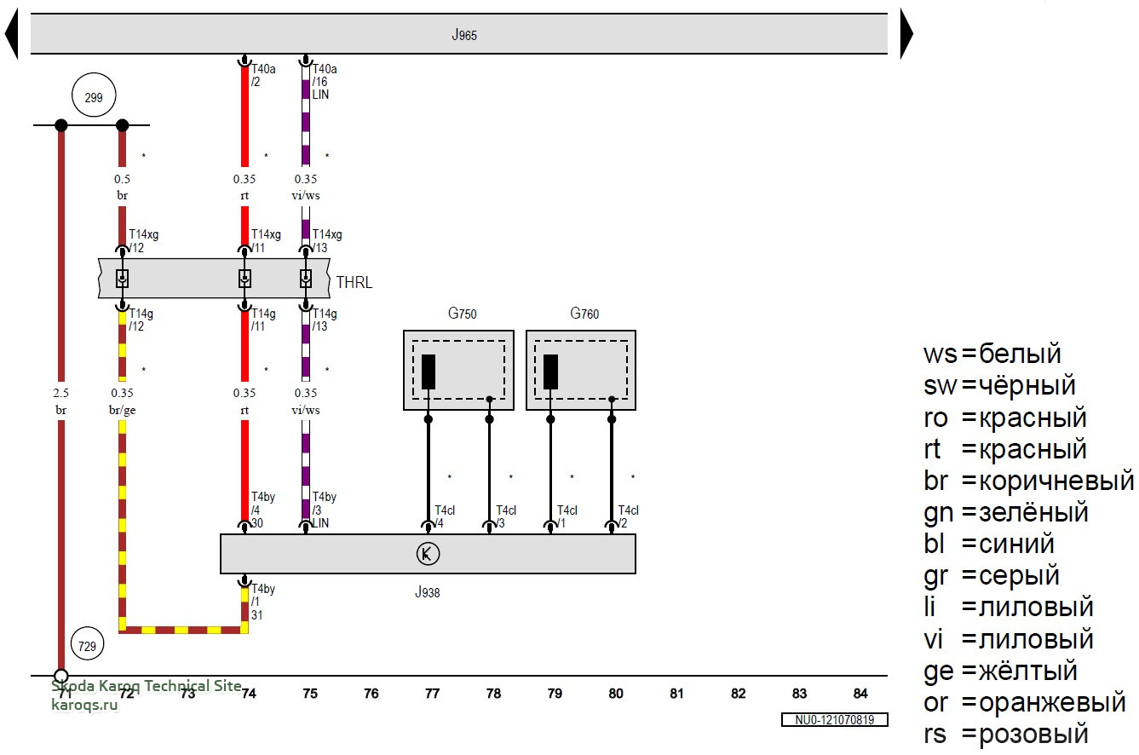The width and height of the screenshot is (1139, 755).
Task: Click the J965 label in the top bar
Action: click(464, 36)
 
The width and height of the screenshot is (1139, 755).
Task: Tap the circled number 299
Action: click(94, 98)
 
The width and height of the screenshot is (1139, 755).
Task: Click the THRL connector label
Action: click(354, 283)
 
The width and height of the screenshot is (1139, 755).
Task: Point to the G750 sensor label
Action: click(463, 314)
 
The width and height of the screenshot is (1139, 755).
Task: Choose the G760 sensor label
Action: click(584, 314)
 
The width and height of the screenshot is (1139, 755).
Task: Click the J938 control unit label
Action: click(428, 592)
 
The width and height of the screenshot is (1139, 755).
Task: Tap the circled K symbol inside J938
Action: click(428, 555)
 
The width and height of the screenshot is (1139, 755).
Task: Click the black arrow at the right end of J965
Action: click(906, 35)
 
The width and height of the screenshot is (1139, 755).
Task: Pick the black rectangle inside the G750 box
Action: click(429, 372)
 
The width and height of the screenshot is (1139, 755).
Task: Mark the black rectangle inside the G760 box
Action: click(551, 372)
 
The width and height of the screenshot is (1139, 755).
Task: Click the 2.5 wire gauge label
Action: click(61, 394)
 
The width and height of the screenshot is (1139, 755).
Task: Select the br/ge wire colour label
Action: click(123, 410)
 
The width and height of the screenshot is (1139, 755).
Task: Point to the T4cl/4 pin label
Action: click(445, 516)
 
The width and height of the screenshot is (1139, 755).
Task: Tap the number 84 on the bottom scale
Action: click(860, 694)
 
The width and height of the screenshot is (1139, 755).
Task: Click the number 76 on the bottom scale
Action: click(371, 694)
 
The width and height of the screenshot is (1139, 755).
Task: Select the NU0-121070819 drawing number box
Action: click(835, 720)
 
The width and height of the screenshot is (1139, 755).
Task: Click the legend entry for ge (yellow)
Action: click(1000, 671)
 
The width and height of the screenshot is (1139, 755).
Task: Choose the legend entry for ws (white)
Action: click(992, 354)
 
